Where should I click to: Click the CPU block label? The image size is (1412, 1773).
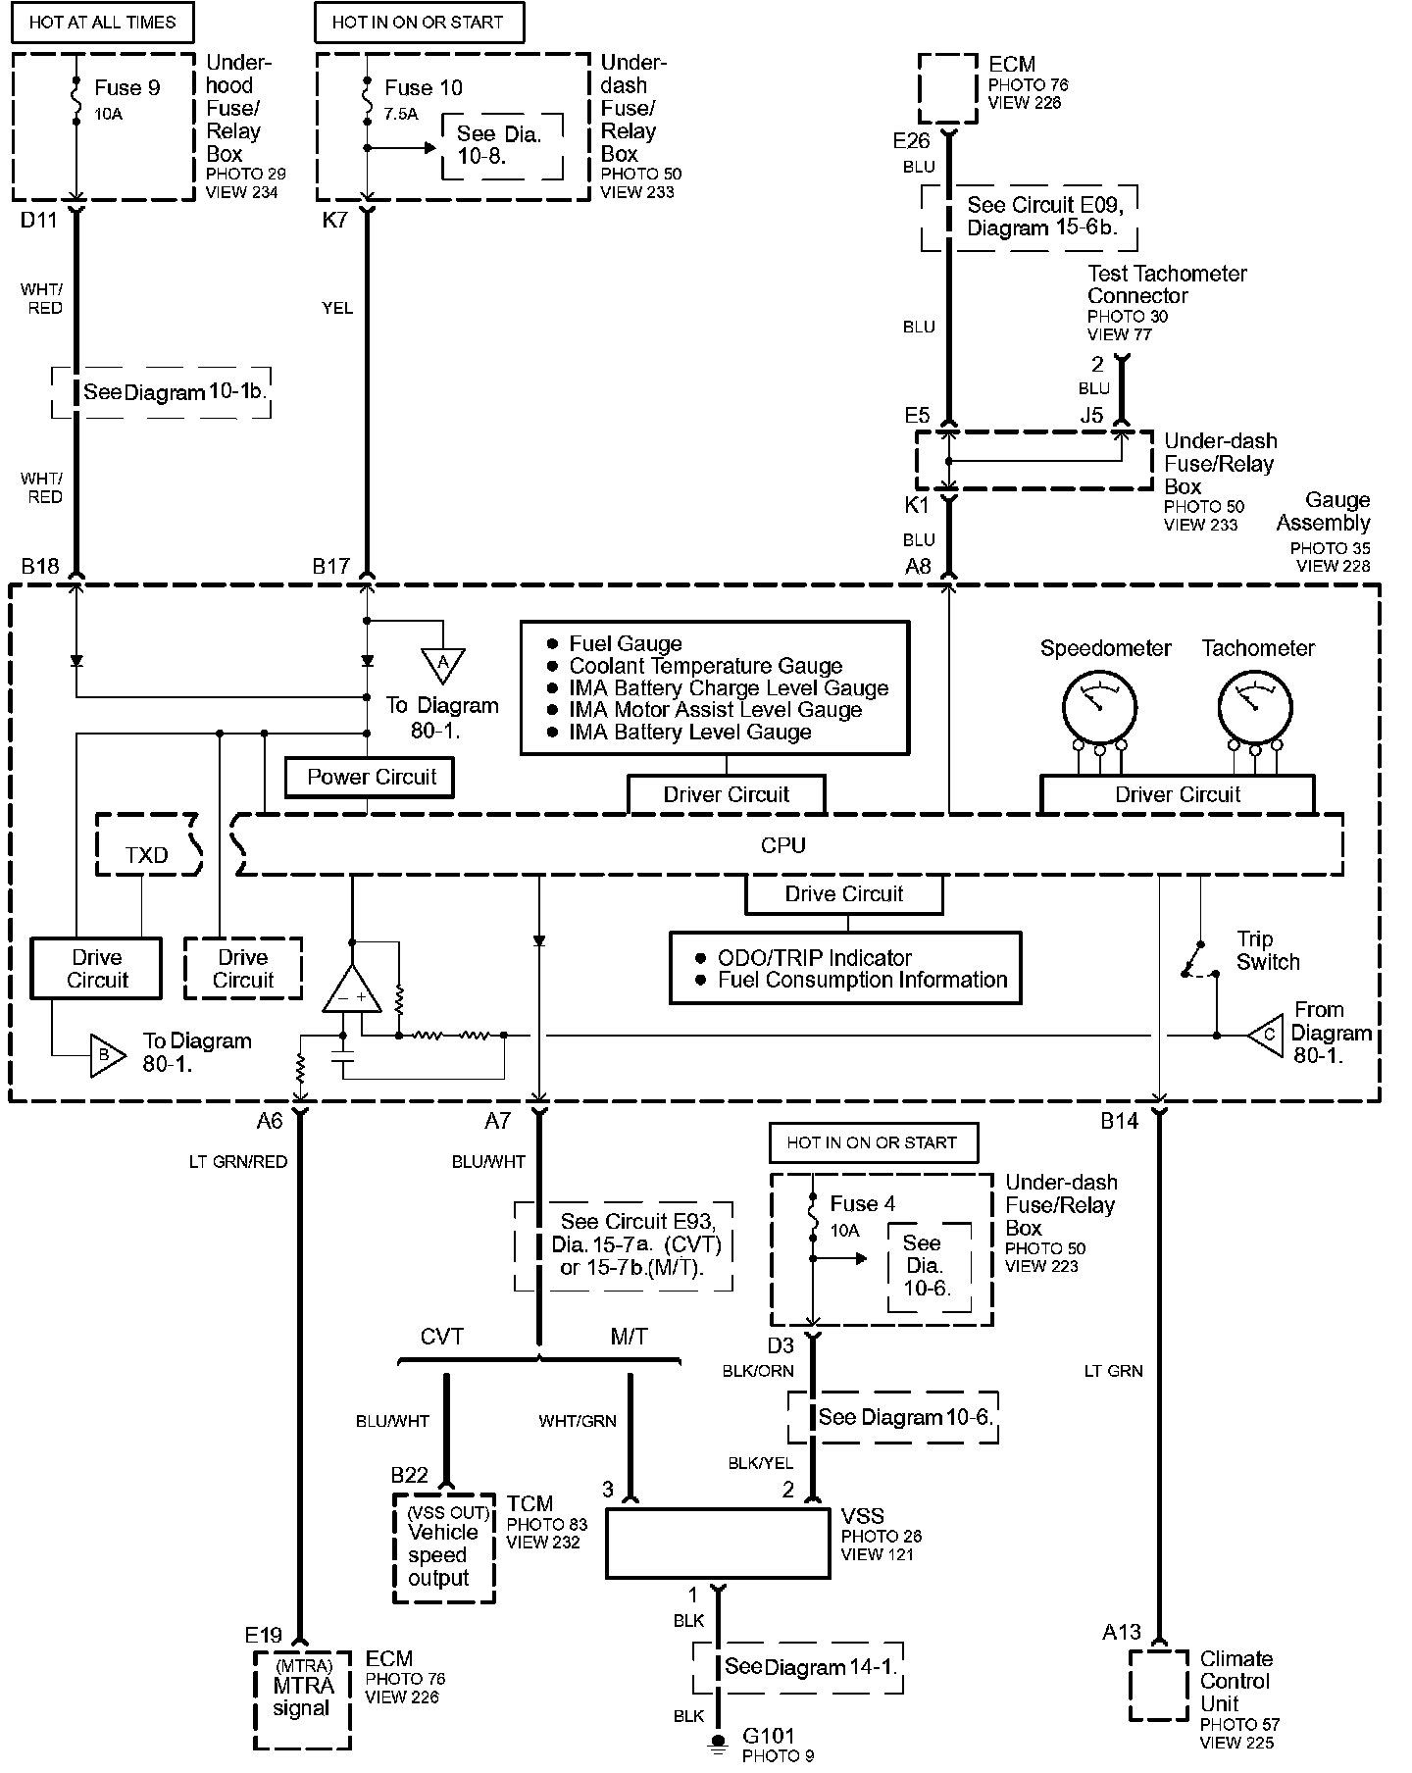782,845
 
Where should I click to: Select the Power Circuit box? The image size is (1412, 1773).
371,778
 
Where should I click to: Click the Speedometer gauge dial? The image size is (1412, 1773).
1099,707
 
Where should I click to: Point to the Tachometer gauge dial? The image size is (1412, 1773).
1254,707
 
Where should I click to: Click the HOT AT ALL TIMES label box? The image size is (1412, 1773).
102,22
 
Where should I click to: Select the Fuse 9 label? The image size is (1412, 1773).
127,88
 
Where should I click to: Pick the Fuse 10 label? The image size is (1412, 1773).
423,88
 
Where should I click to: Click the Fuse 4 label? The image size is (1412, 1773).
862,1203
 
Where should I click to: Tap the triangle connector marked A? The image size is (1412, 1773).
443,664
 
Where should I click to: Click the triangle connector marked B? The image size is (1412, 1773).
107,1055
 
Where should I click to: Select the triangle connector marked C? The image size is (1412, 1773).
1267,1035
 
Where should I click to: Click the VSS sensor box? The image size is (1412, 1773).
718,1543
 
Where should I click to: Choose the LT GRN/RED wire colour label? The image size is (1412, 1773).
238,1162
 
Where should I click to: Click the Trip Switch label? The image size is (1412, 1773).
1268,950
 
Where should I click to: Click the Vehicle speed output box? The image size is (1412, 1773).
443,1547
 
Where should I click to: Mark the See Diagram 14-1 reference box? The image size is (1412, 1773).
797,1667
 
